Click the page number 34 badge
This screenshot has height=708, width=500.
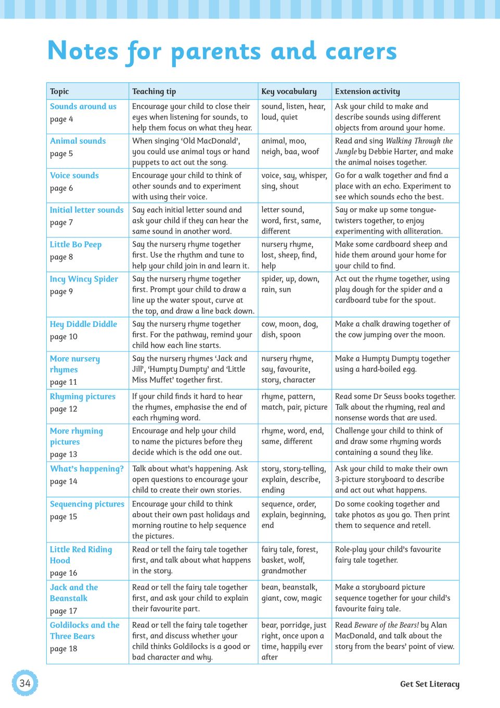pyautogui.click(x=25, y=683)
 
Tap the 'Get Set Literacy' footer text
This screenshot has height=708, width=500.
pyautogui.click(x=429, y=684)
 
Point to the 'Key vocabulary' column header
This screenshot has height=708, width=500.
pyautogui.click(x=289, y=91)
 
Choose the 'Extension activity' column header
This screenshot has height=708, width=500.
pyautogui.click(x=367, y=91)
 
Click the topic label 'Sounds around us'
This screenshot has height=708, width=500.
pyautogui.click(x=83, y=106)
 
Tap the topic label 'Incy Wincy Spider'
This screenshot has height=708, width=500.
pyautogui.click(x=84, y=279)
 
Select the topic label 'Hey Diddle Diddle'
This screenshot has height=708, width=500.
pyautogui.click(x=83, y=324)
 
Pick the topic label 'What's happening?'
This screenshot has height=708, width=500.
pyautogui.click(x=87, y=469)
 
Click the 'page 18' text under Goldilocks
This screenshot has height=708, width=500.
pyautogui.click(x=63, y=649)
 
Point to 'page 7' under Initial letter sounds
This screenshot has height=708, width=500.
pyautogui.click(x=61, y=223)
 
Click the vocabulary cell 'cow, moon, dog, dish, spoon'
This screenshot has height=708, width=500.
pyautogui.click(x=289, y=329)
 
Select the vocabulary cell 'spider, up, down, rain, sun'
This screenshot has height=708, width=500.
pyautogui.click(x=290, y=284)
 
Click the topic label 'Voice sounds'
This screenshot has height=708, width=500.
pyautogui.click(x=74, y=175)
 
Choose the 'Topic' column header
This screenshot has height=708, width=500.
pyautogui.click(x=59, y=91)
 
